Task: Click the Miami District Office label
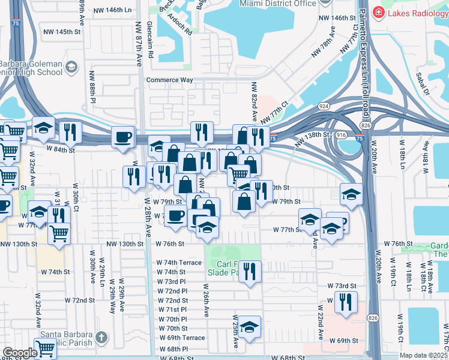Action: (x=277, y=4)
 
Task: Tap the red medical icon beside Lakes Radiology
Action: (x=378, y=13)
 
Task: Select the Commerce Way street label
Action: (x=170, y=80)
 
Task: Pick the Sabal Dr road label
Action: (x=423, y=83)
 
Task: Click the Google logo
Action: (x=20, y=352)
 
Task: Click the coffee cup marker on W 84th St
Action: (x=123, y=137)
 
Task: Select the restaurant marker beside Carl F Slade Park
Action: (x=249, y=270)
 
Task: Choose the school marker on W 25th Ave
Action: (x=249, y=326)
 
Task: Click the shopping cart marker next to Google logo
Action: (x=45, y=347)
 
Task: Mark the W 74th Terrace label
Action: (x=179, y=263)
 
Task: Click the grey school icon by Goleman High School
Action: (x=71, y=67)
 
